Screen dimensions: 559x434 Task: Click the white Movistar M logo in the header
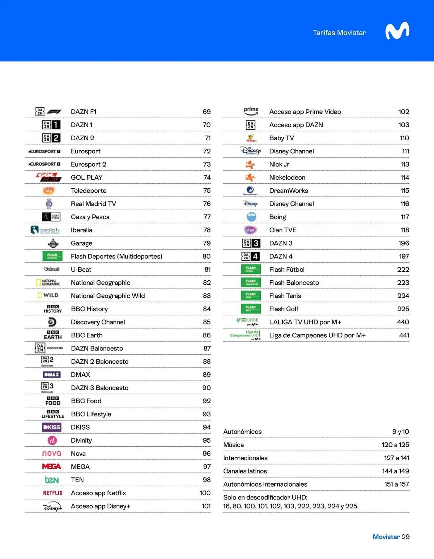397,31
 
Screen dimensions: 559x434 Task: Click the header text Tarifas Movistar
339,33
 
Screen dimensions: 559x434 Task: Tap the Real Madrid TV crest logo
49,203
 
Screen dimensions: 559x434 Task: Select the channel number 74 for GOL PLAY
207,177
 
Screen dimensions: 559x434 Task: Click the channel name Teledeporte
88,191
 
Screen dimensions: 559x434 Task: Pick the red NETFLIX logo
52,493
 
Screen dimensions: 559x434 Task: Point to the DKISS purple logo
52,427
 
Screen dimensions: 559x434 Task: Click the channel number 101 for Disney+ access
206,506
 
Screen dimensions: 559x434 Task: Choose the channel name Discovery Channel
98,322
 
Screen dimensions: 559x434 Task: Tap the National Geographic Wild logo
48,295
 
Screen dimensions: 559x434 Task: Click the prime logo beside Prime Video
251,111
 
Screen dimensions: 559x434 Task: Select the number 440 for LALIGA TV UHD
403,322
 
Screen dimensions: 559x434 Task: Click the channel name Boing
277,217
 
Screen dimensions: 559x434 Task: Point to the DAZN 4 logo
250,256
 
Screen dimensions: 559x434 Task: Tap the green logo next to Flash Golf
251,309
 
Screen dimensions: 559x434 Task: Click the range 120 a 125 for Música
395,445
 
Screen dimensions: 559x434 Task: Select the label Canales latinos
245,471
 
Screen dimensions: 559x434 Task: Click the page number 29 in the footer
406,537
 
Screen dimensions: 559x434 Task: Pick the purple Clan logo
250,230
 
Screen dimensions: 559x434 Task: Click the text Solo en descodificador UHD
265,497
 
